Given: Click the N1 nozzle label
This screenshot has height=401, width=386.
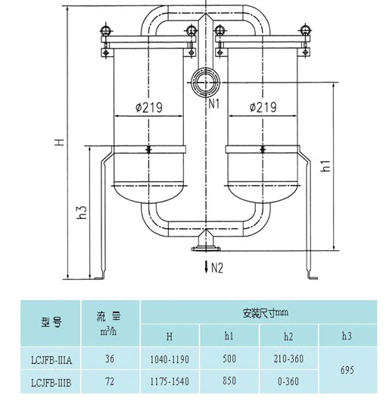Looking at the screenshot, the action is pos(214,104).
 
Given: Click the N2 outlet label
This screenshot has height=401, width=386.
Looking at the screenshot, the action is pos(217,268).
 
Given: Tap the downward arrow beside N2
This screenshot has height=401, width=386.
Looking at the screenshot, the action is pos(207,267).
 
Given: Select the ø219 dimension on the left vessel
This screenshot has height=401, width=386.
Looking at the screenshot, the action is pos(149,107).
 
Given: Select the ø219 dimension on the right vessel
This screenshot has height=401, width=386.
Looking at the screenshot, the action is pos(263,107).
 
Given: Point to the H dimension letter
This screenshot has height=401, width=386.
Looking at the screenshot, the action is pos(59,142).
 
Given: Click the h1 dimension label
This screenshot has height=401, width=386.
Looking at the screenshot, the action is pos(326,166).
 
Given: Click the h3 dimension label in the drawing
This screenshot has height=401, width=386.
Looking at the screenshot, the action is pos(82,212).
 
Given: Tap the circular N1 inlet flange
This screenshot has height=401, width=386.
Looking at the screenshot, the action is pos(206,83).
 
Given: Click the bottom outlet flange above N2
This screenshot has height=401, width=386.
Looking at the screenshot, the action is pos(206,249).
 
